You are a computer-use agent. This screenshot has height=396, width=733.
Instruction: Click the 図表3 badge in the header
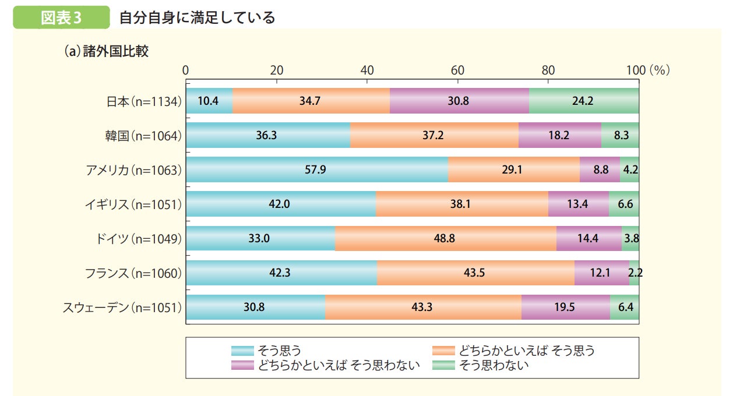point(61,17)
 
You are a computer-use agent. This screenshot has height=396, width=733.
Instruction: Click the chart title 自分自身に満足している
point(197,17)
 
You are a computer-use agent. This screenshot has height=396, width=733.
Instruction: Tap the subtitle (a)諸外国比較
point(106,51)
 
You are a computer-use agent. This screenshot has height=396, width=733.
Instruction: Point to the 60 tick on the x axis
point(457,70)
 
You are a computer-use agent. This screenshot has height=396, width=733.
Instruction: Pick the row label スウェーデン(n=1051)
point(122,307)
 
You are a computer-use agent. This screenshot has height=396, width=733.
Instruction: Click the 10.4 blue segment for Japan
point(209,101)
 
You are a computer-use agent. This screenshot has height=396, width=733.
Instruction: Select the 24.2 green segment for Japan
point(584,101)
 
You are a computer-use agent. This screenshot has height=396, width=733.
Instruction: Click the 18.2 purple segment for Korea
point(559,135)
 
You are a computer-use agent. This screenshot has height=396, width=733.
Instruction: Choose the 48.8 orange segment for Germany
point(445,238)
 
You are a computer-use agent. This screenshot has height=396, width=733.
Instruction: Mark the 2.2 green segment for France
point(634,273)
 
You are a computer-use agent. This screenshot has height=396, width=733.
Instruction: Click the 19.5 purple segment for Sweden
point(565,307)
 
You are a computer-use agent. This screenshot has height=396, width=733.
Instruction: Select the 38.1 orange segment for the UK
point(461,204)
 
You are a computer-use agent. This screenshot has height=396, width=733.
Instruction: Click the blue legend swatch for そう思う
point(242,351)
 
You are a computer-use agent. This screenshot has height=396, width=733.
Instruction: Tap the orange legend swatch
point(443,351)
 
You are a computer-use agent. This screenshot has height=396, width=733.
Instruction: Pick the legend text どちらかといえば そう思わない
point(339,366)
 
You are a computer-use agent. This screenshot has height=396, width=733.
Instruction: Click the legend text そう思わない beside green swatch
point(494,366)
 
